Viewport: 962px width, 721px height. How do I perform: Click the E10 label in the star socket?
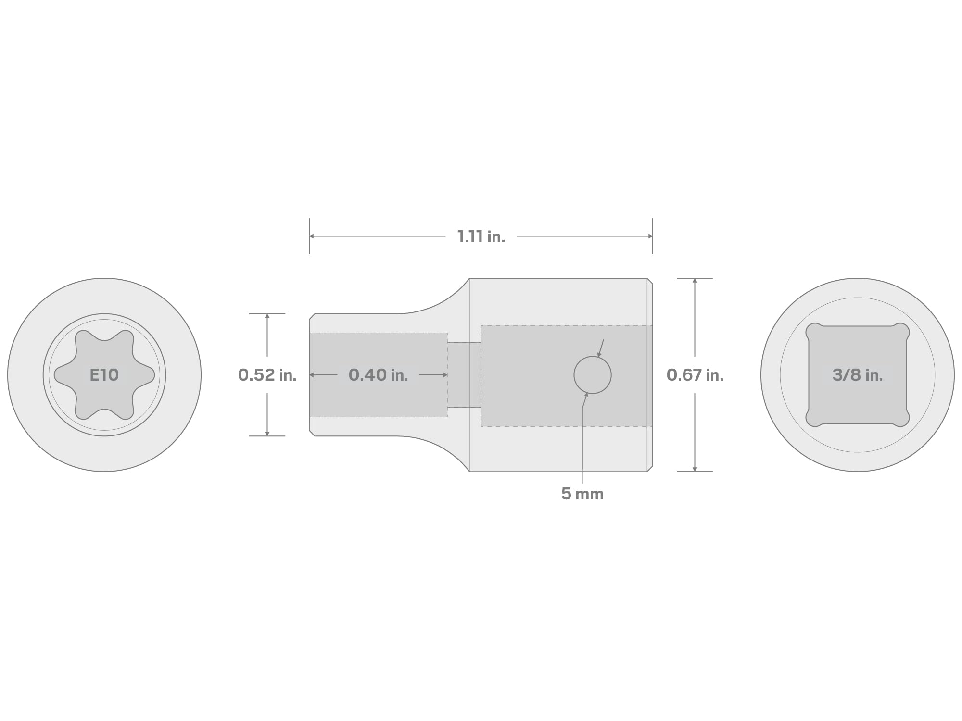pyautogui.click(x=104, y=375)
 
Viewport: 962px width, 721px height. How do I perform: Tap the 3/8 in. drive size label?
pyautogui.click(x=858, y=375)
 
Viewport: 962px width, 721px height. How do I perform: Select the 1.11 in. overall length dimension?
pyautogui.click(x=481, y=236)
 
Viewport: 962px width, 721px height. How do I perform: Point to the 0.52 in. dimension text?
pyautogui.click(x=267, y=375)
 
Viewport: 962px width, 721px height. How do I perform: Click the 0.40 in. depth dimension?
pyautogui.click(x=378, y=375)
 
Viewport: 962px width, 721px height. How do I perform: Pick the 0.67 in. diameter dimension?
pyautogui.click(x=695, y=375)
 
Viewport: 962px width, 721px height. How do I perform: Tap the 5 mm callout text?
pyautogui.click(x=582, y=494)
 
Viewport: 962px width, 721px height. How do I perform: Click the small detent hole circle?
pyautogui.click(x=593, y=356)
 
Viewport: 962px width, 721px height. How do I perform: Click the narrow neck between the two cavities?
pyautogui.click(x=464, y=375)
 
